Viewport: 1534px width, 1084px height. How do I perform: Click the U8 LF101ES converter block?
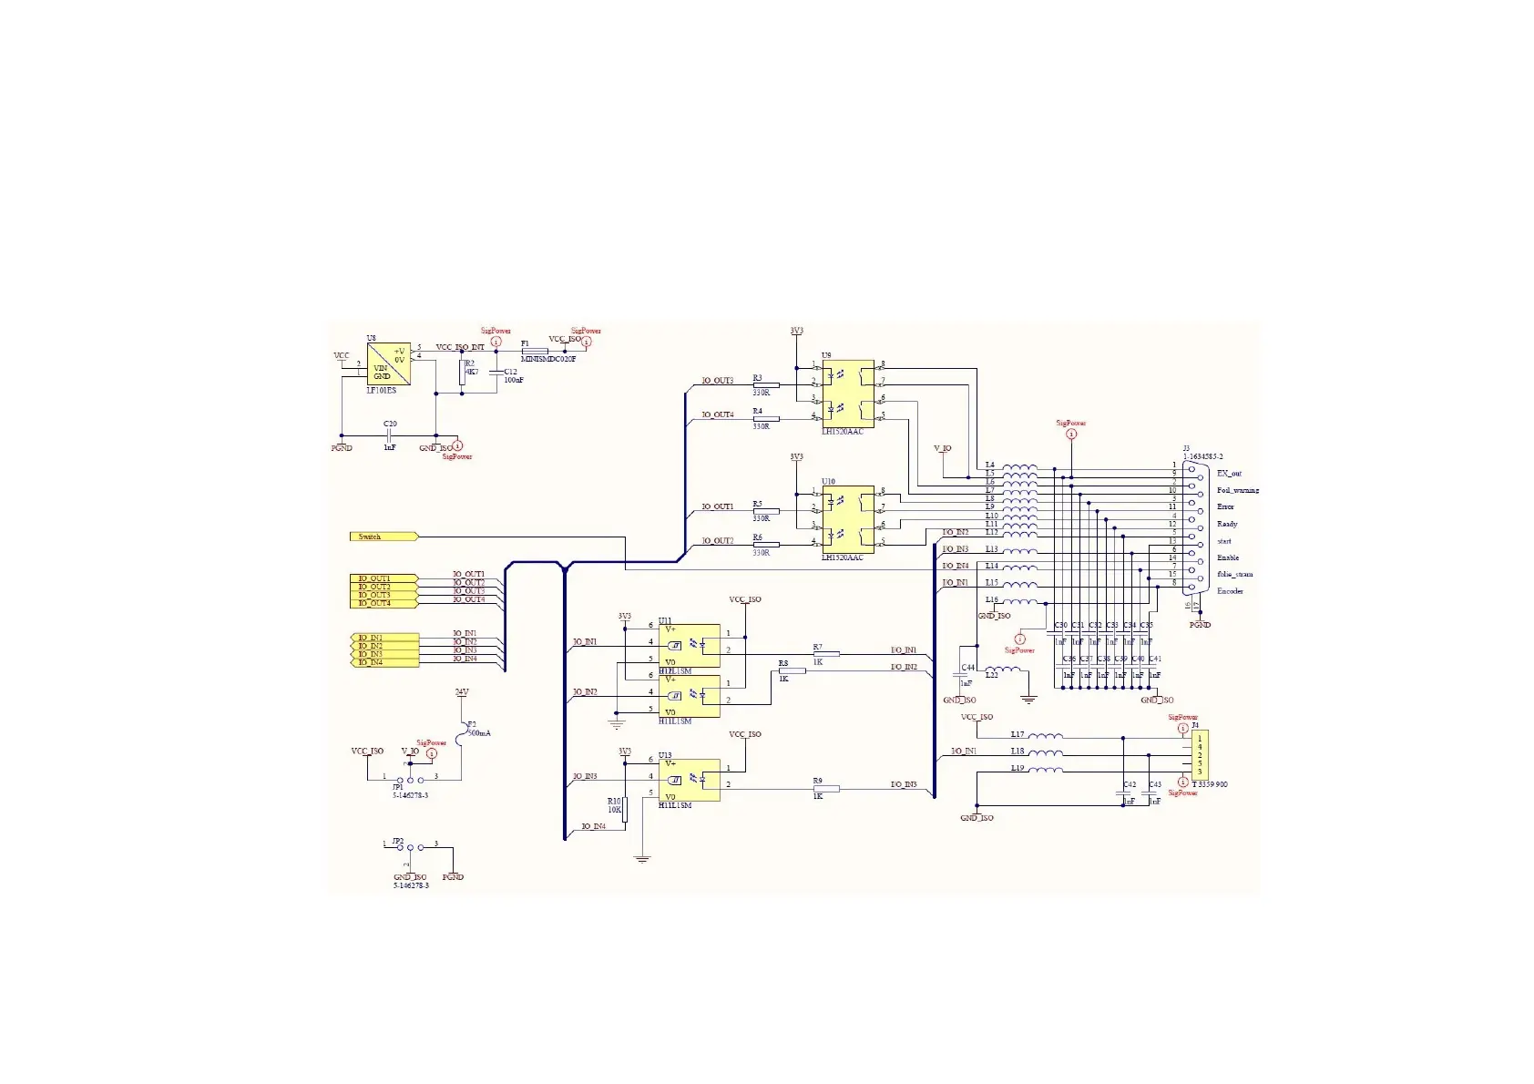click(388, 364)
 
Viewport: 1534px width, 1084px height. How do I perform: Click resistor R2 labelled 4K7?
click(462, 372)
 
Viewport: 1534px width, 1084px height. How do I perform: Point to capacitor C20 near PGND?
click(390, 435)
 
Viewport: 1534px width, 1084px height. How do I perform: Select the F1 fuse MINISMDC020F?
click(534, 351)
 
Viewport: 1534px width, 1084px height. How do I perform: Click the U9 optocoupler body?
click(848, 394)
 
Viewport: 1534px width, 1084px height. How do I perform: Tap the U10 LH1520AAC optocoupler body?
click(848, 520)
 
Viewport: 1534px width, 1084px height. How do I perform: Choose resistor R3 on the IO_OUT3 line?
click(766, 385)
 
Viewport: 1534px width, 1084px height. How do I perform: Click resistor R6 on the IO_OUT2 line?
click(766, 545)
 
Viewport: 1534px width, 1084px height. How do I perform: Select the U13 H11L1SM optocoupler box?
click(690, 781)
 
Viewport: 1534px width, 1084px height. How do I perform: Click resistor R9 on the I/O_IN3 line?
click(825, 788)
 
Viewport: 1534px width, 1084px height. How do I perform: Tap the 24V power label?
click(462, 692)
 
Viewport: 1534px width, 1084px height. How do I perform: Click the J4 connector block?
click(1202, 755)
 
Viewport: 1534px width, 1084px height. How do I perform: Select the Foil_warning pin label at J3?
click(1238, 490)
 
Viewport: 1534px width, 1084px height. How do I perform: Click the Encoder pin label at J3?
click(1230, 591)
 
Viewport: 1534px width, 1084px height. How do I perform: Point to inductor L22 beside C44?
click(1003, 674)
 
